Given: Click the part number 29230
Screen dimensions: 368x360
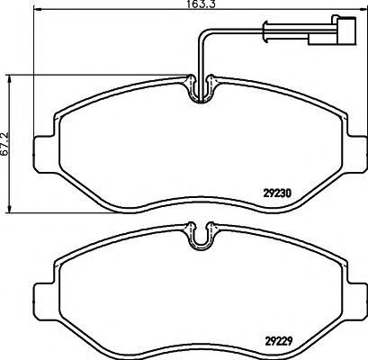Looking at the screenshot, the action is coord(277,193).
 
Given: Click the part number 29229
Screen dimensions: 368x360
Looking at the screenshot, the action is coord(278,341).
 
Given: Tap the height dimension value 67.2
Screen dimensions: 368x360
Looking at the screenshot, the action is coord(4,144).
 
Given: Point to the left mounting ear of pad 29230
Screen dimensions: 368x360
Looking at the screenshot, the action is coord(45,155).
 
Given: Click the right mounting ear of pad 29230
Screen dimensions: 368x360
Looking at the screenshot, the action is coord(357,155).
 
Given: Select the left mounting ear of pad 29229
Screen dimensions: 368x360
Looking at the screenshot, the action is coord(45,302).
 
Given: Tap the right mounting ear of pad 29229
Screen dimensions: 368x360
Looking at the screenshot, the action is coord(357,302).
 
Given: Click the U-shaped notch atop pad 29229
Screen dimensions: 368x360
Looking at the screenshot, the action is coord(200,246).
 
